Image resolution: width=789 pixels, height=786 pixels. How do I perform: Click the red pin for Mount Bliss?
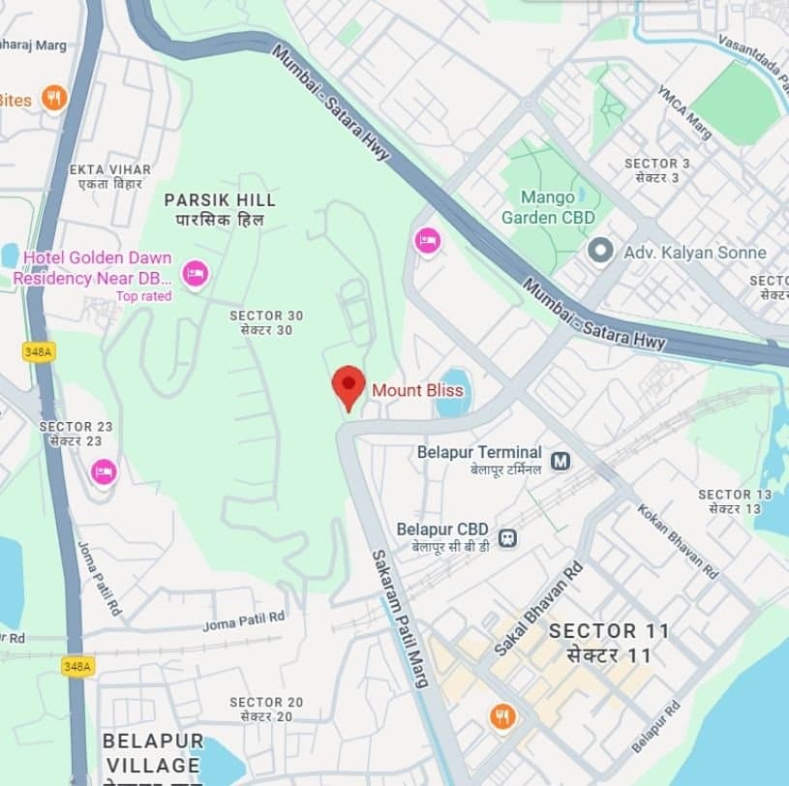(349, 384)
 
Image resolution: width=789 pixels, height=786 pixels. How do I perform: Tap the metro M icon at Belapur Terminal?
(560, 461)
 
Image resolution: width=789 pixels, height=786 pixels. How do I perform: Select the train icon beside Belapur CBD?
(507, 537)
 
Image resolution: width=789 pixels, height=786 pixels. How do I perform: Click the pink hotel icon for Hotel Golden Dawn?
(196, 274)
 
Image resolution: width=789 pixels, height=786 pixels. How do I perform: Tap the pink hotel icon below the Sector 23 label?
(104, 472)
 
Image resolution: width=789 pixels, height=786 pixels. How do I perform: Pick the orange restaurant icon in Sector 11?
(502, 717)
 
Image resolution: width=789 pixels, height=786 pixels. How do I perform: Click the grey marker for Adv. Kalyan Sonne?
(601, 252)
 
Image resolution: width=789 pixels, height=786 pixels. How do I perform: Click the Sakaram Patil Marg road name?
(400, 618)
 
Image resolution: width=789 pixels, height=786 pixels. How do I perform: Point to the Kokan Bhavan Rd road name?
(677, 539)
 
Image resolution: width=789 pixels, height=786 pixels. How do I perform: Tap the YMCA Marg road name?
(684, 111)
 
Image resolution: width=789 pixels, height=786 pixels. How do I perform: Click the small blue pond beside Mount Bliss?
(453, 393)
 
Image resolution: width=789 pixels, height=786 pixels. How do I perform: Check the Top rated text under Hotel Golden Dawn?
(143, 296)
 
